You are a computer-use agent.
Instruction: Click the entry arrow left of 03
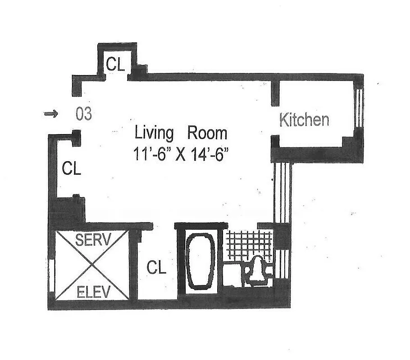[51, 114]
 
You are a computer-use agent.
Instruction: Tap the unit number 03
[84, 114]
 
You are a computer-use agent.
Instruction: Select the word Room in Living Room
[207, 134]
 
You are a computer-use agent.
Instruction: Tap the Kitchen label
[304, 120]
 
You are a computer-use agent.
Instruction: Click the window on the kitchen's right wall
[359, 108]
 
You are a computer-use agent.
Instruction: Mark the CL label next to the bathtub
[156, 268]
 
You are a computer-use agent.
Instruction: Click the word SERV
[92, 239]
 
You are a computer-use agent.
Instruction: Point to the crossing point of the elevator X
[92, 265]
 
